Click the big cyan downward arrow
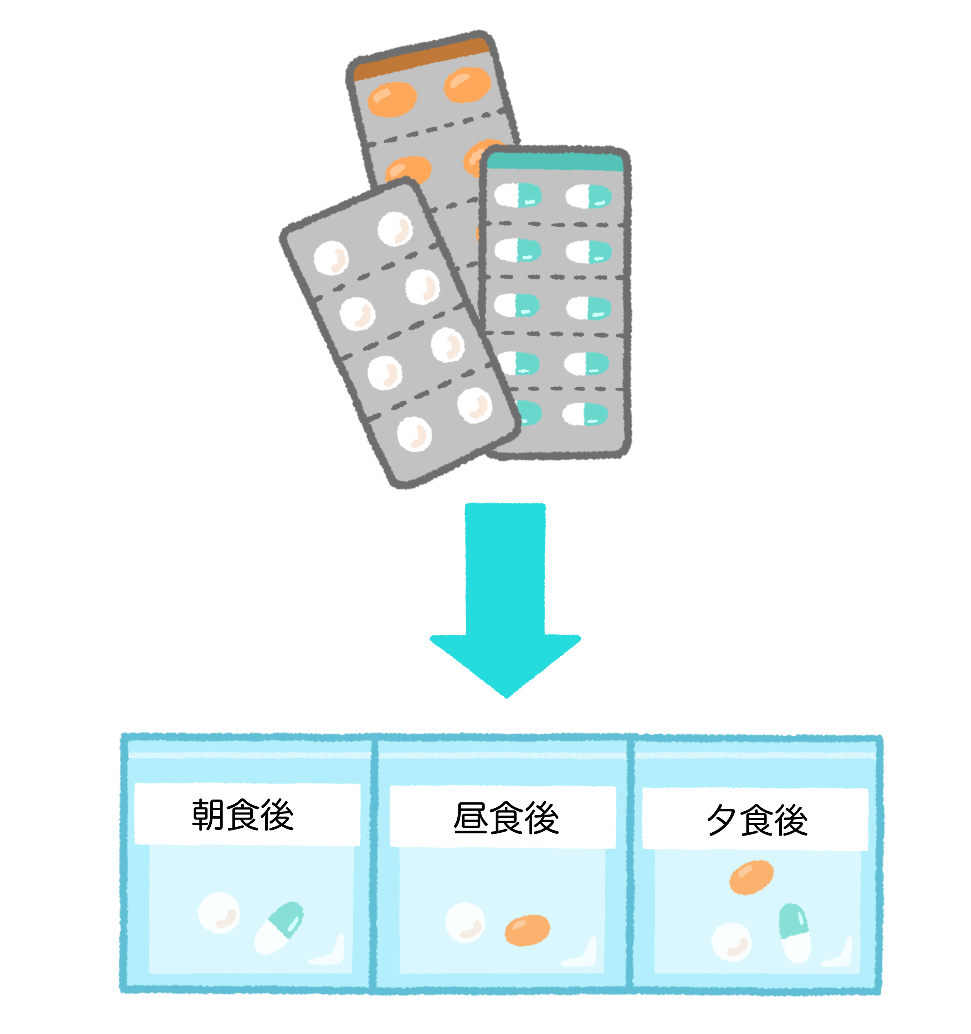point(505,598)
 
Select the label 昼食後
point(506,818)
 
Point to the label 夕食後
point(757,820)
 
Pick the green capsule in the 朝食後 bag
point(279,927)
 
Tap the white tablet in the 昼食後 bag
point(465,922)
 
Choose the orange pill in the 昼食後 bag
point(527,930)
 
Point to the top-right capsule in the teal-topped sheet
point(589,197)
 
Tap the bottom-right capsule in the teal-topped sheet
point(585,414)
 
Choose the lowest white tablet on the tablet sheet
point(414,434)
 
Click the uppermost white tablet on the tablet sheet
point(395,228)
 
